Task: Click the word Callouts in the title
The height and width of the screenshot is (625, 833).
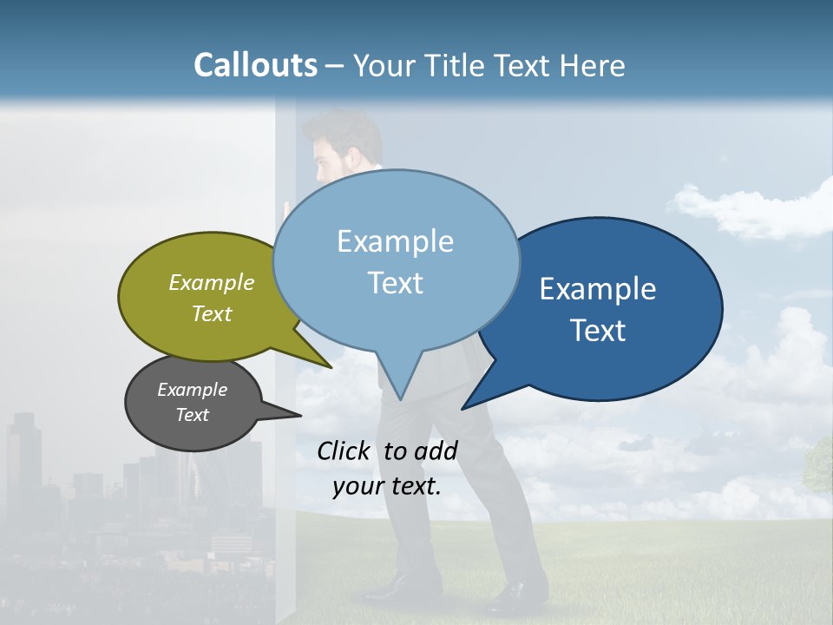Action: point(255,65)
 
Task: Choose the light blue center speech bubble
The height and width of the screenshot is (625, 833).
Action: point(395,260)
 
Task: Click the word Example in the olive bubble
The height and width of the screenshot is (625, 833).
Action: point(212,283)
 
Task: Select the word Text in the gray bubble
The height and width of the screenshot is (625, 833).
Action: point(193,415)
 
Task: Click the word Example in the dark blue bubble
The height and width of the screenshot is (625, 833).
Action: point(598,289)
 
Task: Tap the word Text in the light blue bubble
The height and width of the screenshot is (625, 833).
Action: point(395,283)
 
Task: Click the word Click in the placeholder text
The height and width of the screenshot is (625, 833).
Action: point(344,451)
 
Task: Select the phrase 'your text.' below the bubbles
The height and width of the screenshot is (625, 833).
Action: point(386,486)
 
